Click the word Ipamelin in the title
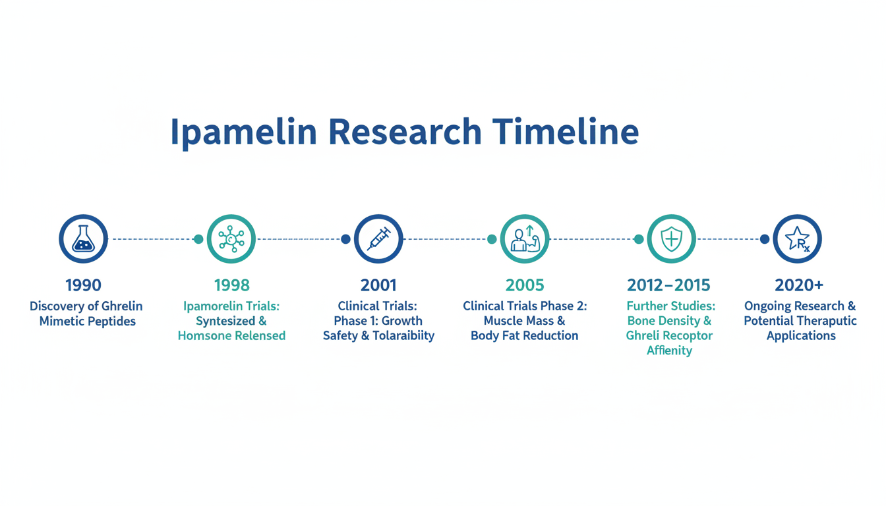tap(244, 134)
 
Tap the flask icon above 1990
tap(84, 239)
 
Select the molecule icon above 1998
tap(231, 239)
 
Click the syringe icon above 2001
tap(378, 239)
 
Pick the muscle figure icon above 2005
tap(525, 239)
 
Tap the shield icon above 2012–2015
tap(672, 239)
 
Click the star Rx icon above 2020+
tap(798, 239)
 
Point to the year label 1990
tap(84, 285)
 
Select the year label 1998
tap(232, 285)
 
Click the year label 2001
tap(378, 285)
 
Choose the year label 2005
tap(525, 285)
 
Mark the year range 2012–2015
tap(669, 285)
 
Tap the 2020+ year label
tap(799, 285)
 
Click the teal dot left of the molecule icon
tap(198, 239)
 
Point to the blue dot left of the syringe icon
tap(345, 239)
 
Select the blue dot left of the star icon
tap(765, 239)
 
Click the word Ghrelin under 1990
tap(122, 306)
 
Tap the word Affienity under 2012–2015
tap(670, 351)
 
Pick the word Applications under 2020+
tap(802, 336)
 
